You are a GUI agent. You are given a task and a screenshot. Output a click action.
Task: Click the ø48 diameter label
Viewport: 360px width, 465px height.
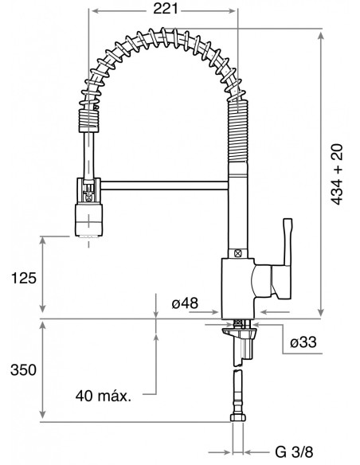point(184,303)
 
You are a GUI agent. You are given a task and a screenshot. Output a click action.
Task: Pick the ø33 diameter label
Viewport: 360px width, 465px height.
point(305,342)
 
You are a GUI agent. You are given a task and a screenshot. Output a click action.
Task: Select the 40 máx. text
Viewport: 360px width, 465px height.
point(104,395)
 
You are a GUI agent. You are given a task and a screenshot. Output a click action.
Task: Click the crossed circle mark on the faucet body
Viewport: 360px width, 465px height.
point(237,252)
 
